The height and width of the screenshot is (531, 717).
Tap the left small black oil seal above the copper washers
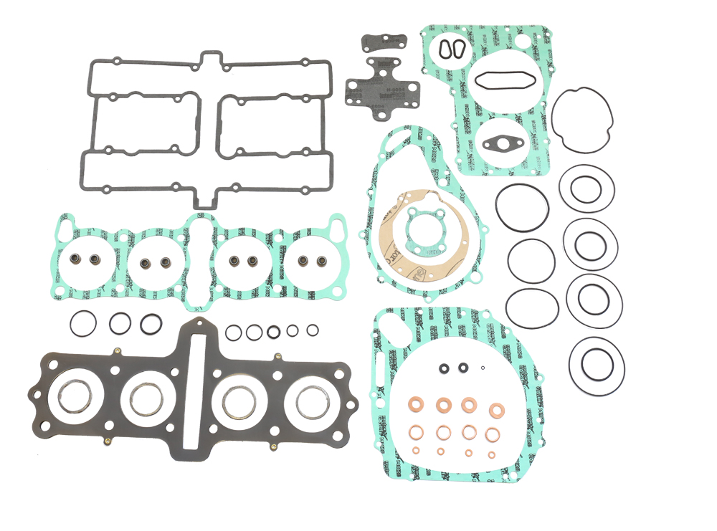[445, 369]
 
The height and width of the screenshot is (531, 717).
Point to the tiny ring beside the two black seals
[483, 368]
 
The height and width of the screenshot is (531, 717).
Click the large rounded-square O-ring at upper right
[582, 120]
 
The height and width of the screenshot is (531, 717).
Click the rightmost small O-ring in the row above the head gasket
[313, 330]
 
